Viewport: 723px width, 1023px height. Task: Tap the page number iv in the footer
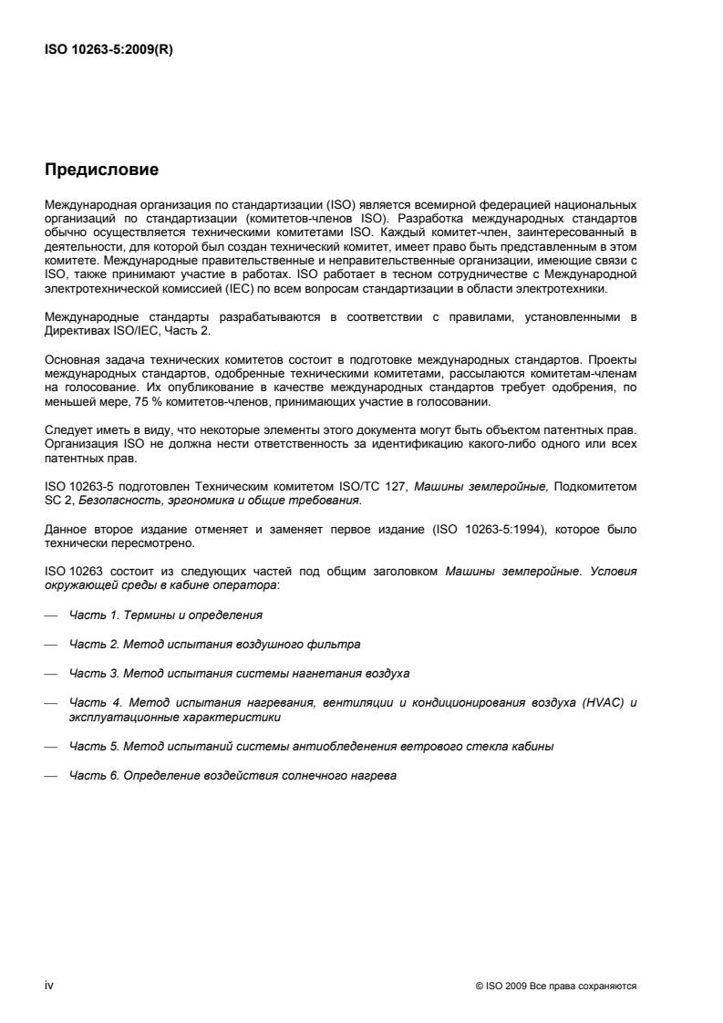pos(49,986)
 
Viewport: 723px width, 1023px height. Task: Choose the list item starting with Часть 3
pos(239,673)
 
